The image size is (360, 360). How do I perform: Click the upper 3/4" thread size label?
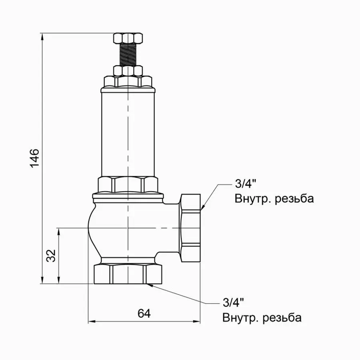tap(245, 184)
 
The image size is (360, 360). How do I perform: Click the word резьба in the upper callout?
tap(294, 199)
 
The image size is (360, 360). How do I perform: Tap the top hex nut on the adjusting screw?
tap(128, 39)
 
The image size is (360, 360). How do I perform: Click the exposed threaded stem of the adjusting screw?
tap(128, 55)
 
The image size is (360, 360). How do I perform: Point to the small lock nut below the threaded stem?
tap(128, 71)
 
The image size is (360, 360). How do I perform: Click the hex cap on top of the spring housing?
tap(128, 82)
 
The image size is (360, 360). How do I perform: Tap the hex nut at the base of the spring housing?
tap(128, 184)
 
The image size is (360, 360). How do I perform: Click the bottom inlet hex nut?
tap(128, 274)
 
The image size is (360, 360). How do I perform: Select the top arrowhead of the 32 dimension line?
tap(59, 231)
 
